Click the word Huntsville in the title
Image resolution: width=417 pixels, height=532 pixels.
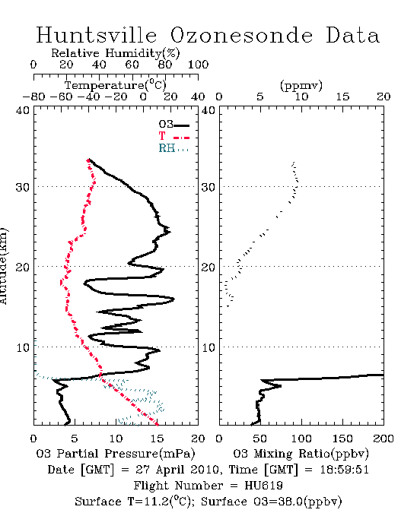coord(97,35)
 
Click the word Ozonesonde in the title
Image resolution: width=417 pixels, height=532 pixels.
coord(241,35)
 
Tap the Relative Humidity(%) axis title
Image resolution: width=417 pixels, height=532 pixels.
coord(116,53)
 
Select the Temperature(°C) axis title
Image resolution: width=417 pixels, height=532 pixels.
coord(116,85)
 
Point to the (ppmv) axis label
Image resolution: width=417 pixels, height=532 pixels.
coord(301,85)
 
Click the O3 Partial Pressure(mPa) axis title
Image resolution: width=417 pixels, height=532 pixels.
coord(116,454)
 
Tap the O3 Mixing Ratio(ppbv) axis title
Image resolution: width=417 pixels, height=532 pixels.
coord(301,454)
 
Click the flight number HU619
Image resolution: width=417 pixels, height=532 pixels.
coord(263,486)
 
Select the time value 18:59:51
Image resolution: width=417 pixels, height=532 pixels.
coord(345,470)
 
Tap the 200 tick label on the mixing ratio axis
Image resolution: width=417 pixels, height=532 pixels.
coord(384,439)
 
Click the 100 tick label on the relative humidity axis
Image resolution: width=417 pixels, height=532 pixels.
coord(198,65)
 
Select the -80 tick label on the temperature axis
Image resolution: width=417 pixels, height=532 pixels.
coord(33,97)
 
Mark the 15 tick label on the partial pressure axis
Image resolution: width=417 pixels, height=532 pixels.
coord(157,439)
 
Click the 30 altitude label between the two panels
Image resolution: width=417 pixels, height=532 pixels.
coord(208,187)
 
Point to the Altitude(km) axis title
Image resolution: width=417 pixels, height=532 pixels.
coord(3,267)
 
